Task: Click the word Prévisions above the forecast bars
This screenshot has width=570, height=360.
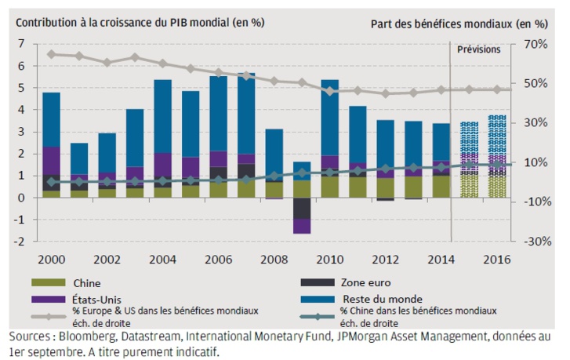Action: click(x=478, y=49)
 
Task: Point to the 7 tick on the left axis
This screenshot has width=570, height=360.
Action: click(x=21, y=44)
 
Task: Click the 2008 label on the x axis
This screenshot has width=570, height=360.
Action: click(x=274, y=259)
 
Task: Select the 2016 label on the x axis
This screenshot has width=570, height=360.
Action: click(x=498, y=259)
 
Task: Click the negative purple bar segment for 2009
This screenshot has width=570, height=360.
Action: click(x=302, y=227)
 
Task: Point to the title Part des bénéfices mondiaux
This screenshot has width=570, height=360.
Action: click(x=459, y=23)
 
